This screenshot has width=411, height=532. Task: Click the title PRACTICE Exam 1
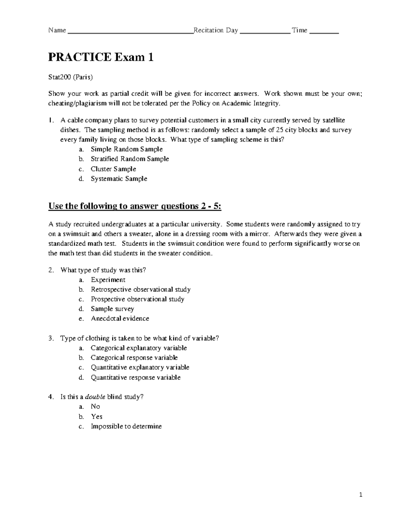[x=101, y=57]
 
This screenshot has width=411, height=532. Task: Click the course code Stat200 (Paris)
[x=70, y=77]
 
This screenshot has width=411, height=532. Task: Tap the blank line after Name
[x=130, y=32]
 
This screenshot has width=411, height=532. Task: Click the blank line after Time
[x=324, y=32]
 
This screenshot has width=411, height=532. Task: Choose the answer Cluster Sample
[x=113, y=169]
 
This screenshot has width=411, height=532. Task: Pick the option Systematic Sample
[x=119, y=178]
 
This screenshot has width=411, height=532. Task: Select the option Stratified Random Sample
[x=129, y=159]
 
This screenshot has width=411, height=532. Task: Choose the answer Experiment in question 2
[x=108, y=280]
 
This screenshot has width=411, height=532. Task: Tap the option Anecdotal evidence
[x=120, y=318]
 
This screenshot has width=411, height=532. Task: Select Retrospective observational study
[x=140, y=289]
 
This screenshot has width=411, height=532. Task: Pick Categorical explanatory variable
[x=138, y=348]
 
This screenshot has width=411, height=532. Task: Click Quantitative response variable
[x=135, y=377]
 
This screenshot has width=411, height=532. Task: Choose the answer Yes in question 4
[x=97, y=416]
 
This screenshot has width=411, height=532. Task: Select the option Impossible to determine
[x=126, y=426]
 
